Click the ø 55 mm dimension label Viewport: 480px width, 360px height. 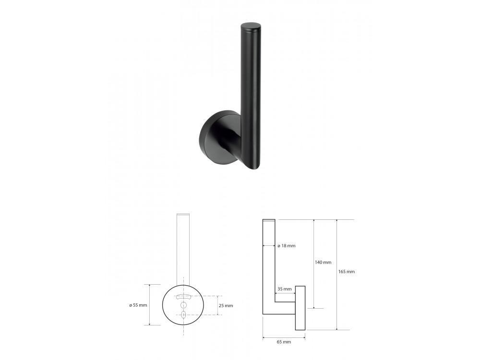pyautogui.click(x=138, y=305)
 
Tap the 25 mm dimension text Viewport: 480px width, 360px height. pyautogui.click(x=227, y=305)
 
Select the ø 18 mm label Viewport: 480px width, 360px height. pyautogui.click(x=287, y=245)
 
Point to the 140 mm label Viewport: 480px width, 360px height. pyautogui.click(x=323, y=263)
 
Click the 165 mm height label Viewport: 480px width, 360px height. pyautogui.click(x=347, y=272)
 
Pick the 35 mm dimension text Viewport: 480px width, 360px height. pyautogui.click(x=284, y=288)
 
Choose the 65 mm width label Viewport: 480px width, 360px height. pyautogui.click(x=284, y=342)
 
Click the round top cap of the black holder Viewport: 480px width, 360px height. pyautogui.click(x=251, y=26)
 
